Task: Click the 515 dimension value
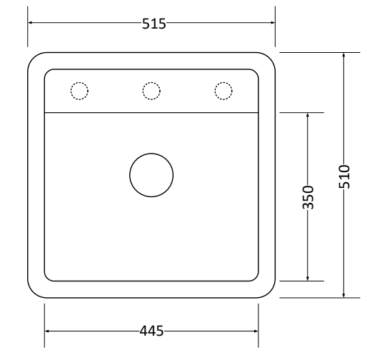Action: pyautogui.click(x=154, y=24)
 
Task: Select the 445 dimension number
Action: pyautogui.click(x=151, y=331)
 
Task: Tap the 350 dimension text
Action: pyautogui.click(x=308, y=197)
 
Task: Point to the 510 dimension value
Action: pyautogui.click(x=344, y=176)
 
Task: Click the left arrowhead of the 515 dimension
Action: pyautogui.click(x=30, y=23)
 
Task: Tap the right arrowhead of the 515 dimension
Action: pyautogui.click(x=273, y=23)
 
